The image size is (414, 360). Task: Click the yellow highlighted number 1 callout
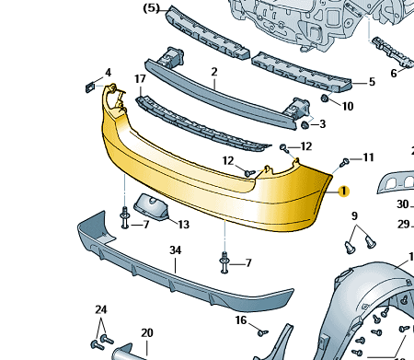click(x=344, y=192)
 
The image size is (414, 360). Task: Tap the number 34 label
click(x=176, y=250)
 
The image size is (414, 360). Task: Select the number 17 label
click(x=140, y=79)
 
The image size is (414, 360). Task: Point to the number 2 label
click(x=214, y=72)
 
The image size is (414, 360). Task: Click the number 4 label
click(x=108, y=73)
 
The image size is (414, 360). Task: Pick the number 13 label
click(x=184, y=225)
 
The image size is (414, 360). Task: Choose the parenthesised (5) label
click(x=152, y=8)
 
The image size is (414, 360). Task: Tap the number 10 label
click(x=348, y=106)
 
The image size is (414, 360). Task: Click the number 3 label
click(x=322, y=124)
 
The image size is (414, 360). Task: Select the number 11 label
click(x=369, y=157)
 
